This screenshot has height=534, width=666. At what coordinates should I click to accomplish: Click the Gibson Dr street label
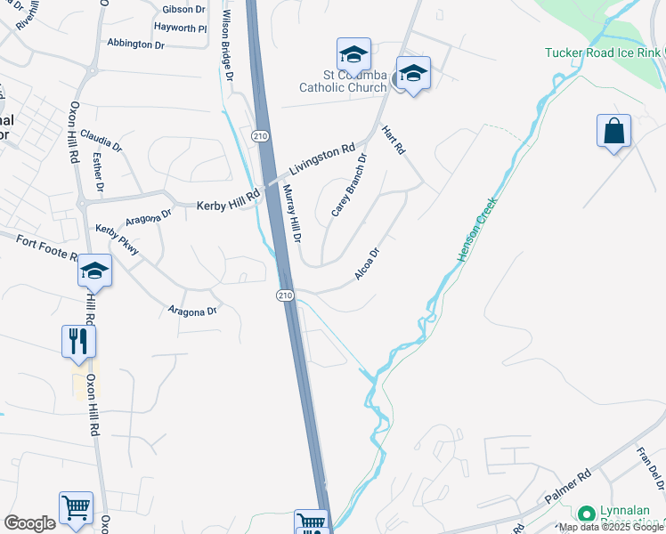tap(184, 10)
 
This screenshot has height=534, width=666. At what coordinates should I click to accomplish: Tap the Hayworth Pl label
tap(180, 28)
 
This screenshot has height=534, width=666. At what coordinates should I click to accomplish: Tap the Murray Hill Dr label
tap(292, 214)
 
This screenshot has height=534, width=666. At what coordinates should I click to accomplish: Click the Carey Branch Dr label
tap(349, 186)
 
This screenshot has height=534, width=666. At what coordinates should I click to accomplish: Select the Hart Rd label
tap(393, 140)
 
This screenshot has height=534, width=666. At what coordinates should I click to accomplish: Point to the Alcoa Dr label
tap(368, 264)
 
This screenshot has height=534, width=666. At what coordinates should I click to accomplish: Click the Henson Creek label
tap(476, 229)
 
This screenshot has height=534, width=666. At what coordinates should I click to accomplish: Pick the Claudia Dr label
tap(102, 140)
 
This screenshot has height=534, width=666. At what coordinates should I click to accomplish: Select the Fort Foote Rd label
tap(45, 247)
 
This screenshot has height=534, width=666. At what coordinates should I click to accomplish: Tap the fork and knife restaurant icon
tap(78, 340)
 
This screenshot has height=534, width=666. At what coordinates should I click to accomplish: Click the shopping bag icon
tap(613, 132)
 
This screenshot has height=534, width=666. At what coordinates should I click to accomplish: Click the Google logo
tap(29, 523)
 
